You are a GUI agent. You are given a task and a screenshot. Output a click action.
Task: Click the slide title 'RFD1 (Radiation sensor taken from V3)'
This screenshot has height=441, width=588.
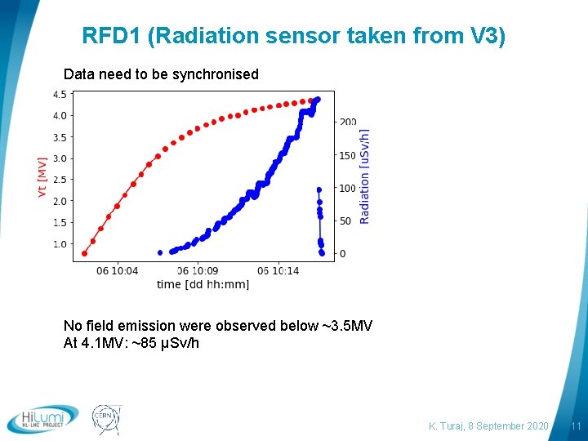[x=294, y=36]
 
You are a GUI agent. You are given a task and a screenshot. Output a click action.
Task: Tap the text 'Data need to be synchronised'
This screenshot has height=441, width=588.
[x=161, y=74]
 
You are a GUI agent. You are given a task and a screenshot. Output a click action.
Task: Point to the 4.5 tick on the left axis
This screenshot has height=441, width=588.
[x=60, y=95]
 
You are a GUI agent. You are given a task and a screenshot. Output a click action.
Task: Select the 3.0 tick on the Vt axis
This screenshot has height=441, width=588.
[x=60, y=158]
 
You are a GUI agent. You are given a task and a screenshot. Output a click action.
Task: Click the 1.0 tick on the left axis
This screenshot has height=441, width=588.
[x=60, y=244]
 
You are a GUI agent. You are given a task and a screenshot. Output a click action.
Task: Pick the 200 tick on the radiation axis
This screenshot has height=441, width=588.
[x=348, y=122]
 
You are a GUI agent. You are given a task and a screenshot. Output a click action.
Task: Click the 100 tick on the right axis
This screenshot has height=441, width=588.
[x=348, y=188]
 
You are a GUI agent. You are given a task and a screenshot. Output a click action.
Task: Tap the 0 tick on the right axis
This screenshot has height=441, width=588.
[x=342, y=254]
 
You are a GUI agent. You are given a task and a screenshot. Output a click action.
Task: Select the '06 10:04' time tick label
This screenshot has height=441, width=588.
[x=117, y=270]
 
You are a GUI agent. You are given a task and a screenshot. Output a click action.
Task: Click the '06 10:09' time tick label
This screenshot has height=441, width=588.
[x=198, y=270]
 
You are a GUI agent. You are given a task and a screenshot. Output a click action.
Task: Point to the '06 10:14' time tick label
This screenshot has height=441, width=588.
[x=278, y=270]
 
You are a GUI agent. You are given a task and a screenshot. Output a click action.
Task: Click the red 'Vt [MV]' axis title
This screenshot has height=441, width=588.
[x=42, y=176]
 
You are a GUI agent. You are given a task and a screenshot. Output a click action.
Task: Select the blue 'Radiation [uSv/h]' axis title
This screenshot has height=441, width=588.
[x=365, y=176]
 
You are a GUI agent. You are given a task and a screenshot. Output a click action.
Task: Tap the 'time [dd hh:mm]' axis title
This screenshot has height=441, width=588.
[x=203, y=283]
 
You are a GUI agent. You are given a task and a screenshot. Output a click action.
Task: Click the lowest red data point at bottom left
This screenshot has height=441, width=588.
[x=84, y=253]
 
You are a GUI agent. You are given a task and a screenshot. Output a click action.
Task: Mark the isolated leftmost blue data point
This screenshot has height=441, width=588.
[x=160, y=252]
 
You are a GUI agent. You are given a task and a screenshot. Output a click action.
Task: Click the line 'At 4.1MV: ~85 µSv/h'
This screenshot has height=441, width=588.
[x=131, y=343]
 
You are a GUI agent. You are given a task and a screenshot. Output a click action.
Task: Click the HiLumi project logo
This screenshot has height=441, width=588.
[x=42, y=419]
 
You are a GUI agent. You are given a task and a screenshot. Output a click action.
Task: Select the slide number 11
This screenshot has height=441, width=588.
[x=575, y=426]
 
